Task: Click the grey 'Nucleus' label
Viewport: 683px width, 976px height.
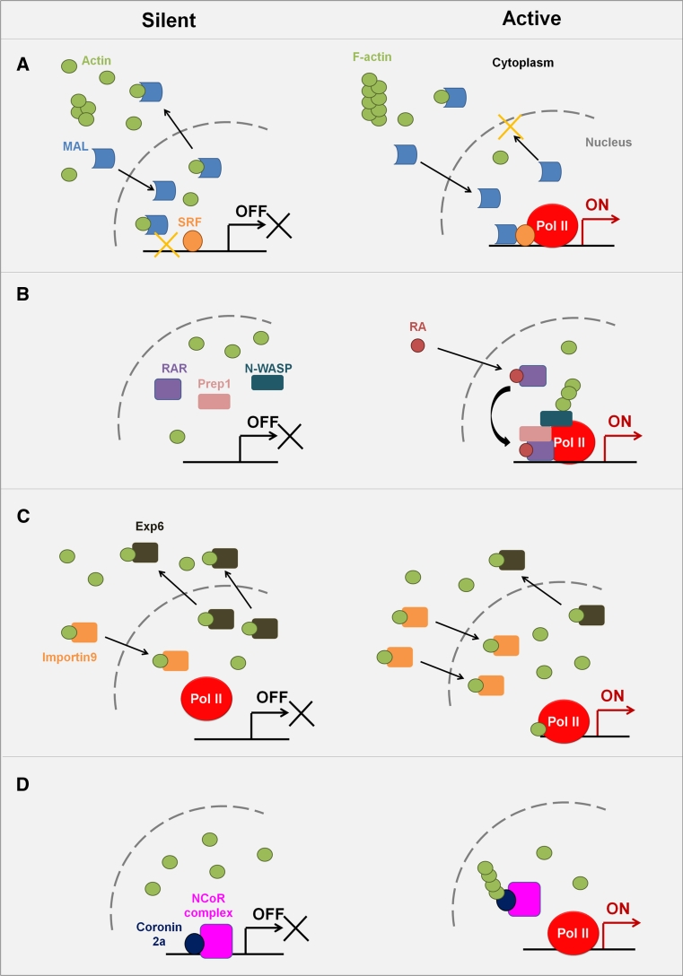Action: [609, 142]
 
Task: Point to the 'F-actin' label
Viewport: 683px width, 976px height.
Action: [372, 57]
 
